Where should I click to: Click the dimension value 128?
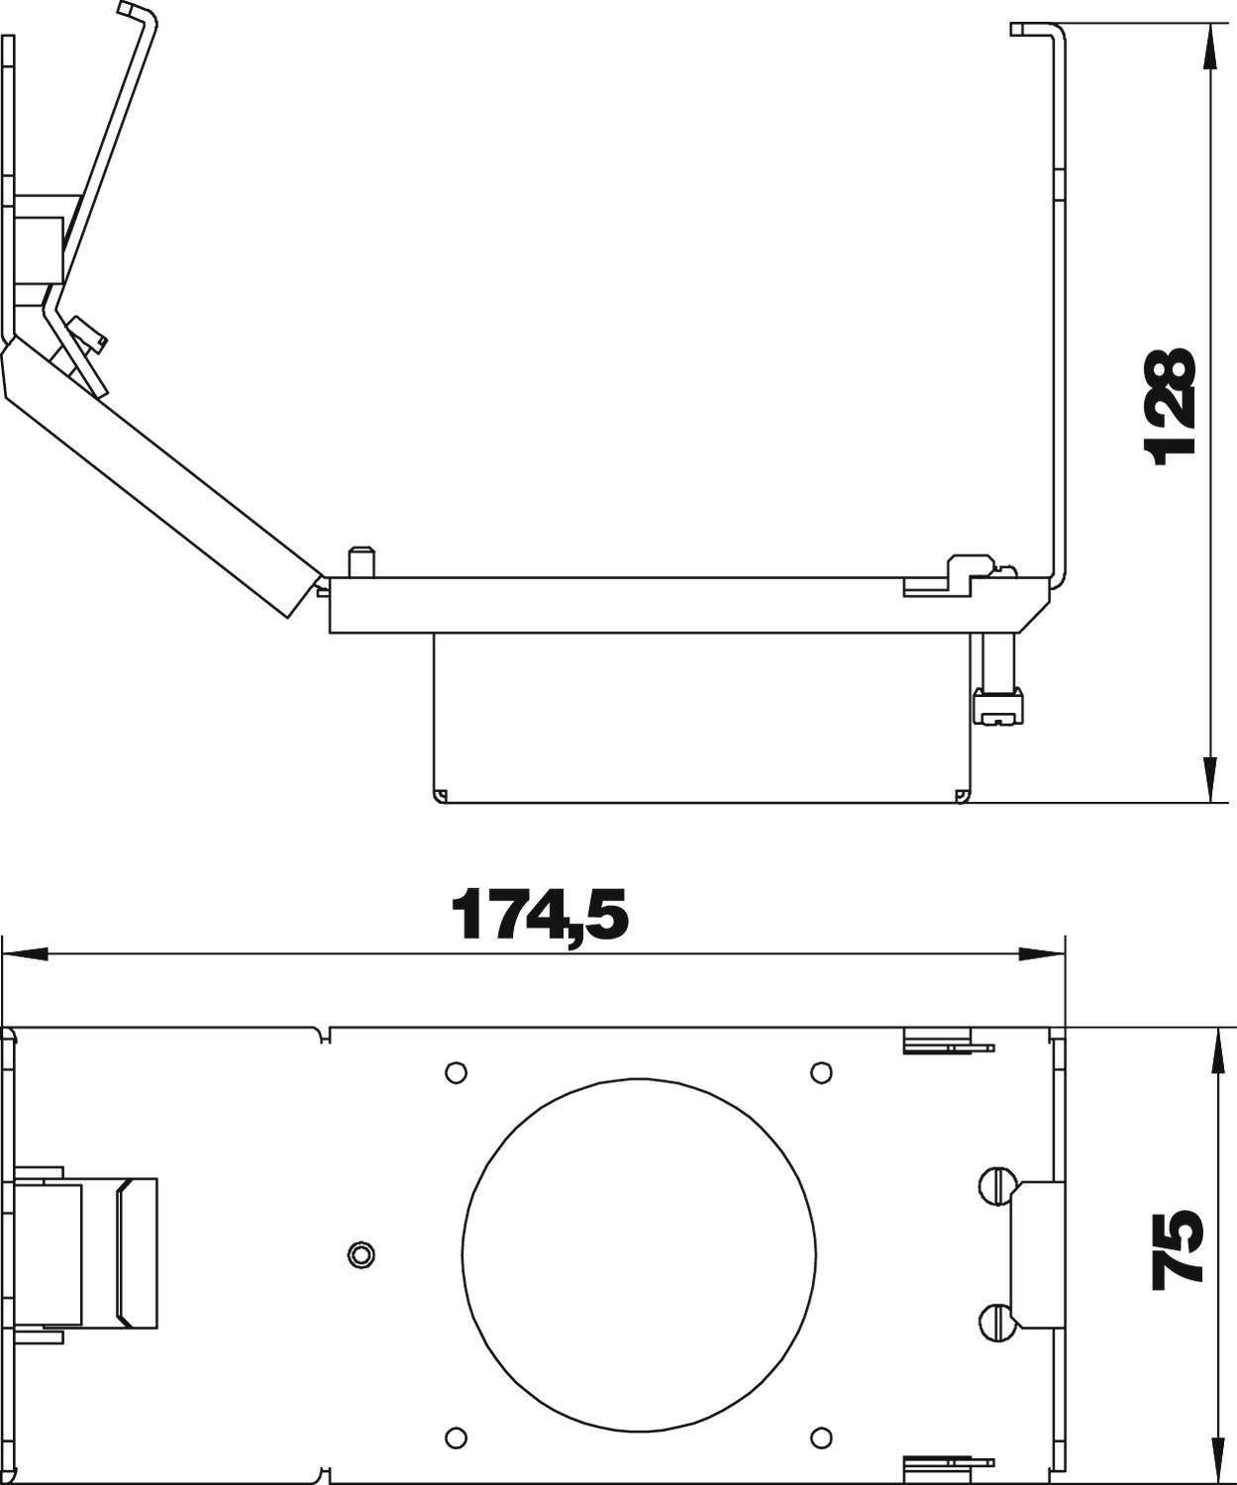click(x=1170, y=406)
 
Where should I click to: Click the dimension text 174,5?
click(x=540, y=915)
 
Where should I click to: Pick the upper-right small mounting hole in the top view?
click(x=820, y=1072)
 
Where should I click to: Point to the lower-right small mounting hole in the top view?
click(x=820, y=1435)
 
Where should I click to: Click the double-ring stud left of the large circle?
click(x=361, y=1254)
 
